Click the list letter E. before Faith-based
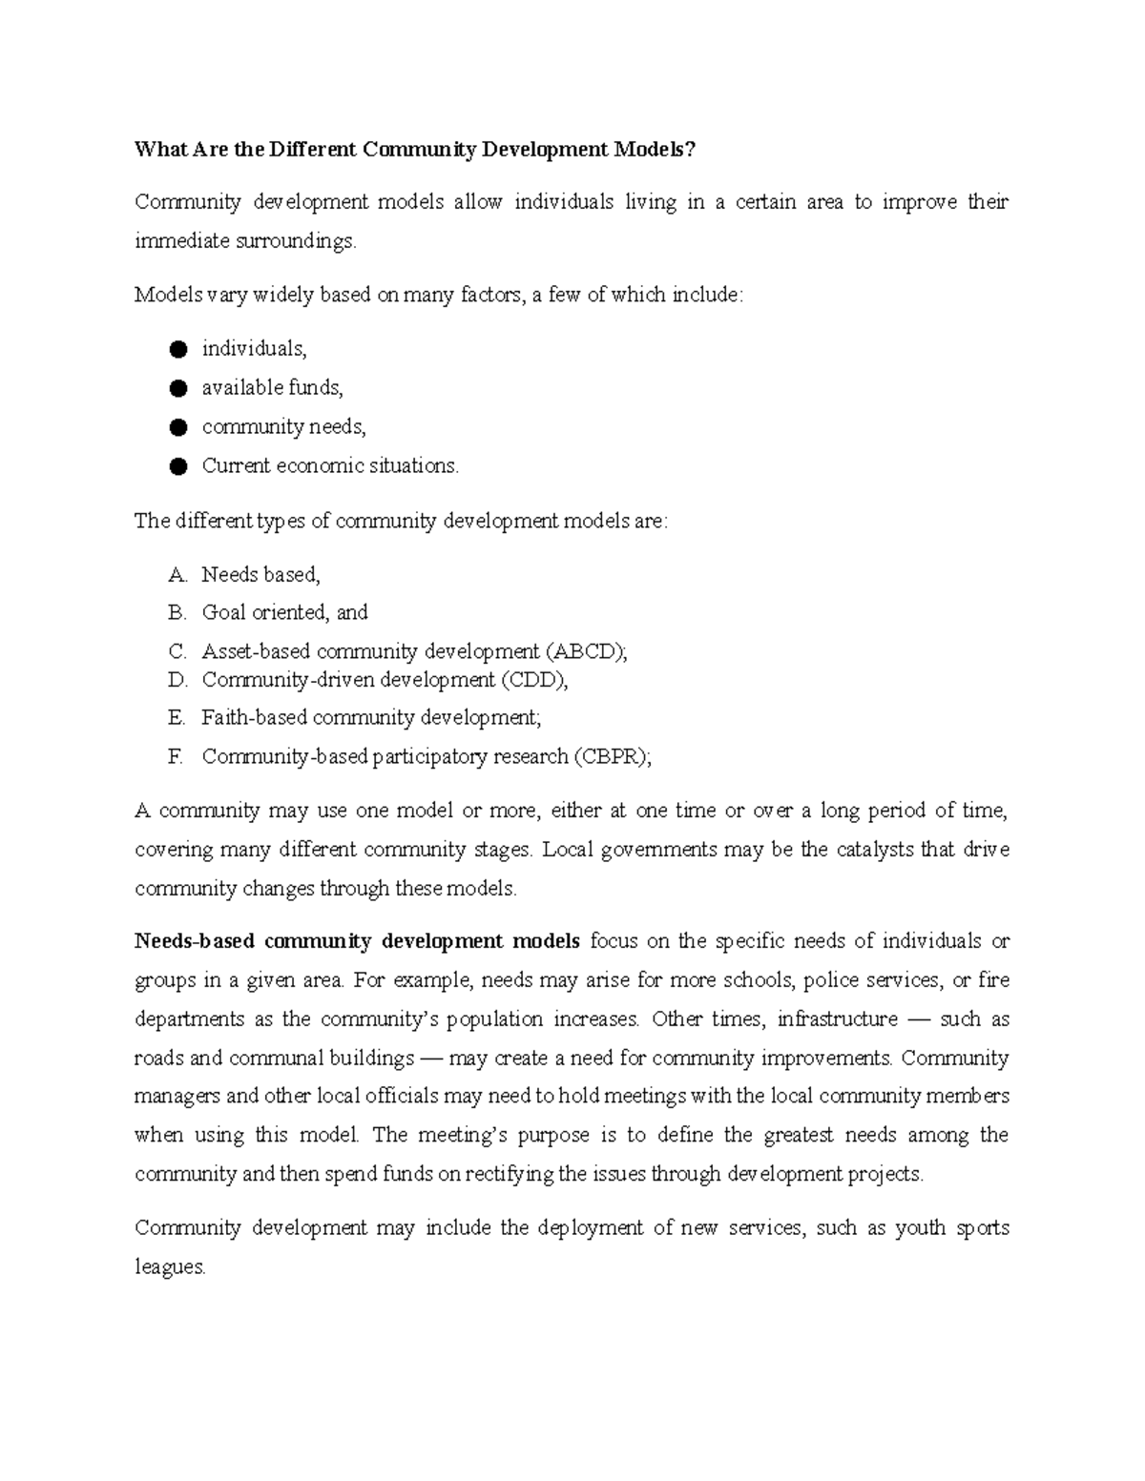click(x=176, y=718)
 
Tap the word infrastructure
click(x=837, y=1019)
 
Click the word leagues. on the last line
click(x=170, y=1267)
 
